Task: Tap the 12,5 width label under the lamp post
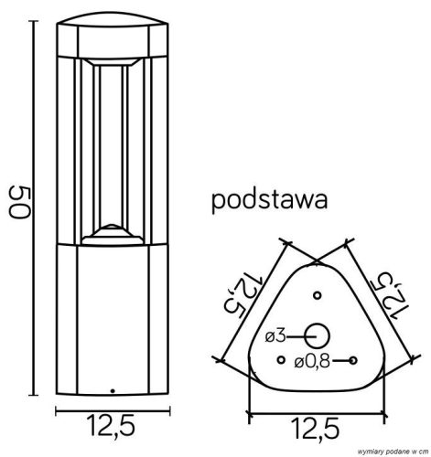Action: [114, 425]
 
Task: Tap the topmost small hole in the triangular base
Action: [317, 295]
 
